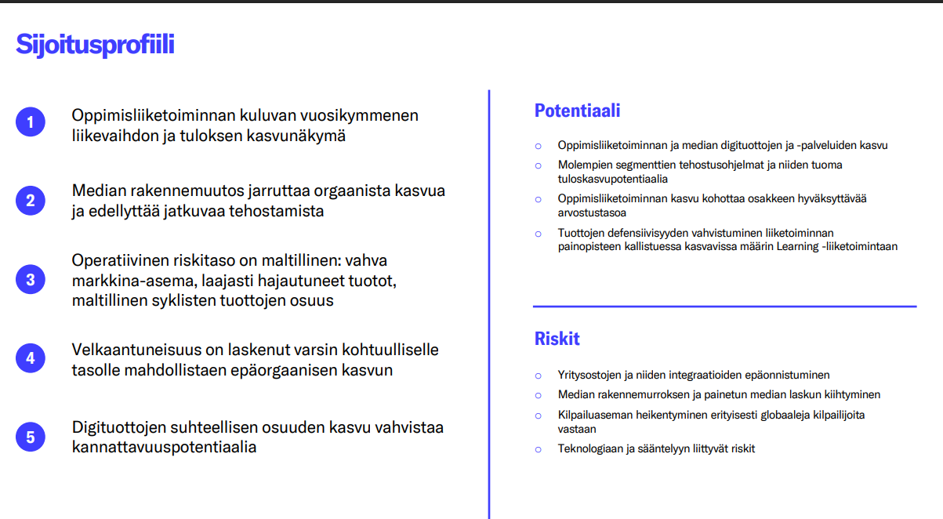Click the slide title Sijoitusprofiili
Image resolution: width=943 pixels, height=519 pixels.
point(95,45)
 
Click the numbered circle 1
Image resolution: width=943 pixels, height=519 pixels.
point(31,122)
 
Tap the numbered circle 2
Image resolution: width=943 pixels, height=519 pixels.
point(31,200)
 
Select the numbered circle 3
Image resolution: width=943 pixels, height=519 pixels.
point(31,279)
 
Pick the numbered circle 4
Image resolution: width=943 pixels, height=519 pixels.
point(31,358)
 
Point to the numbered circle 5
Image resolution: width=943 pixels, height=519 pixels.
point(31,437)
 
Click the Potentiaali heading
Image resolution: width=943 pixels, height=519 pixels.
point(577,111)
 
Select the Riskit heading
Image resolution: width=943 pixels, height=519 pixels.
point(557,339)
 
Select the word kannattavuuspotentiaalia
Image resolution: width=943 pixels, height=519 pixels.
point(164,448)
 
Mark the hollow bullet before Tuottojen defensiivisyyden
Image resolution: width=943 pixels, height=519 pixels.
point(538,233)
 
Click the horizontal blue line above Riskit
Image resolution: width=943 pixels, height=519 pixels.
point(724,306)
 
